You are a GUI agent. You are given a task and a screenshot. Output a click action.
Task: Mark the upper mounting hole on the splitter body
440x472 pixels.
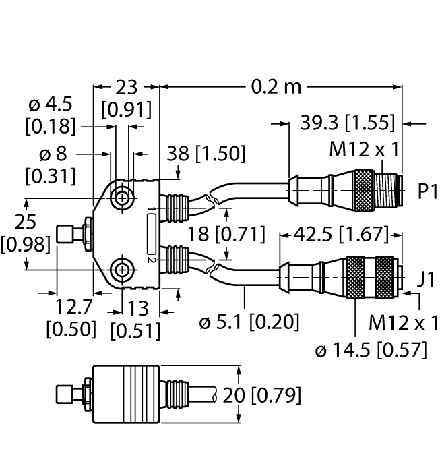122,198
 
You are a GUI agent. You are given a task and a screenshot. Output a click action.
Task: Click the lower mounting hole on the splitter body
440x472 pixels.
122,271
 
